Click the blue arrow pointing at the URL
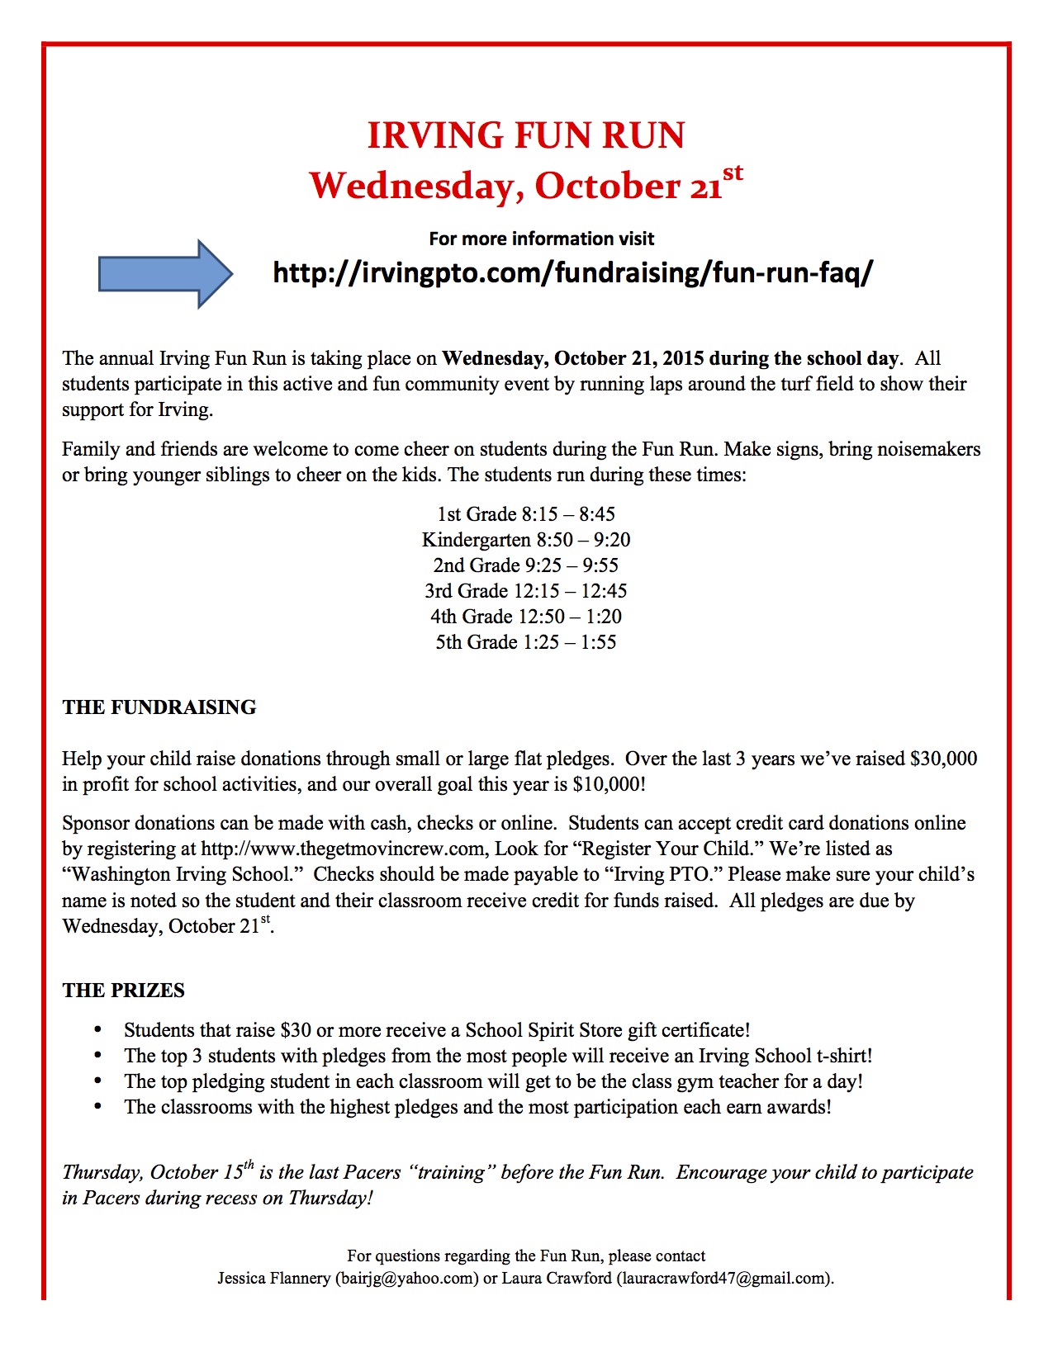click(165, 273)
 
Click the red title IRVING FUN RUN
click(526, 135)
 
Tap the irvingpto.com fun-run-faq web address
click(572, 272)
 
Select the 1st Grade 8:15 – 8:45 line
click(526, 514)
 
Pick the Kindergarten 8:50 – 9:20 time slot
click(526, 540)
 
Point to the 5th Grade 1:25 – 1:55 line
click(526, 642)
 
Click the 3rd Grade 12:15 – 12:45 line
click(526, 591)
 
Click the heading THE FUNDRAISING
click(159, 707)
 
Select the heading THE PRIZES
click(124, 991)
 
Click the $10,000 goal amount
click(607, 784)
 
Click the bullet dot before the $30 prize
click(98, 1029)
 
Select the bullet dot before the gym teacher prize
click(98, 1081)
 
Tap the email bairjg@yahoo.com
click(406, 1279)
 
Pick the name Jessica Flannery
click(273, 1279)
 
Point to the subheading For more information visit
click(542, 239)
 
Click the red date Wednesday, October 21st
click(526, 185)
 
